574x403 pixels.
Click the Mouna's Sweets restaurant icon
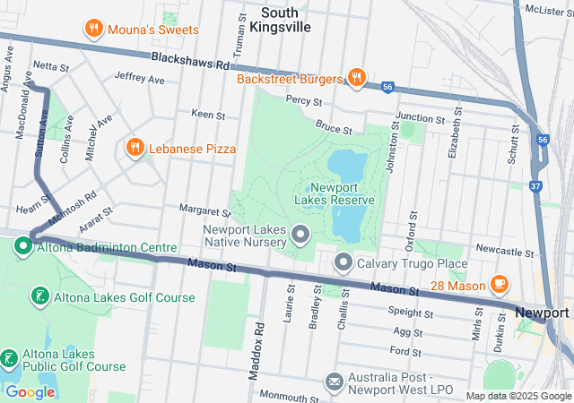(x=92, y=30)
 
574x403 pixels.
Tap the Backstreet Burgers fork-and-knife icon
(x=356, y=78)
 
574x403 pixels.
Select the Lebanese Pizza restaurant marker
(x=135, y=148)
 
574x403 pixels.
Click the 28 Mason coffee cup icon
(x=500, y=284)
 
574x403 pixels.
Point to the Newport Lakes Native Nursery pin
(x=300, y=236)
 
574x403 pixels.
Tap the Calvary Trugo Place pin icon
(x=344, y=263)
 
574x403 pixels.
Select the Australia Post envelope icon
(x=334, y=382)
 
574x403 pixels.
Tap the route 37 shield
(x=535, y=186)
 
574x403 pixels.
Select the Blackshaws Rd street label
(x=191, y=61)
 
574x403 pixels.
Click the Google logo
(x=30, y=391)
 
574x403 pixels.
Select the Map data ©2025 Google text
(x=517, y=396)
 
